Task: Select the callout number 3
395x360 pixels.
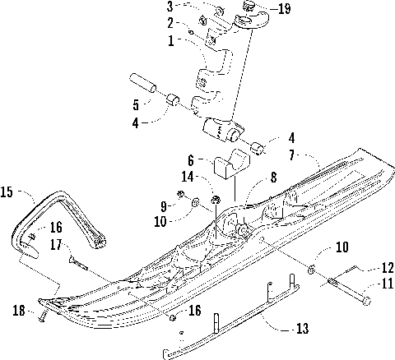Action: (170, 8)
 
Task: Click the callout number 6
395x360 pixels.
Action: (191, 160)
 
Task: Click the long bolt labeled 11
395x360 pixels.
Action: (346, 292)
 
